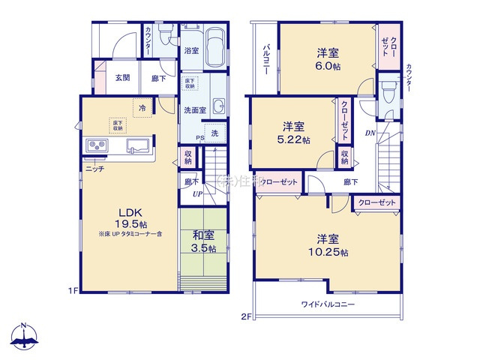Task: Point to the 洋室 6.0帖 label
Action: coord(327,59)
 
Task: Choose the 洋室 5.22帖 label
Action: coord(293,131)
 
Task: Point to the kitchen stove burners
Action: coord(98,145)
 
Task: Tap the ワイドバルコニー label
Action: coord(328,304)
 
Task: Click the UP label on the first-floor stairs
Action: coord(198,193)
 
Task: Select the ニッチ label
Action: coord(94,169)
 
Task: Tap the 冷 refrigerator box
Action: coord(142,107)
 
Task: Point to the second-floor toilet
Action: coord(388,93)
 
